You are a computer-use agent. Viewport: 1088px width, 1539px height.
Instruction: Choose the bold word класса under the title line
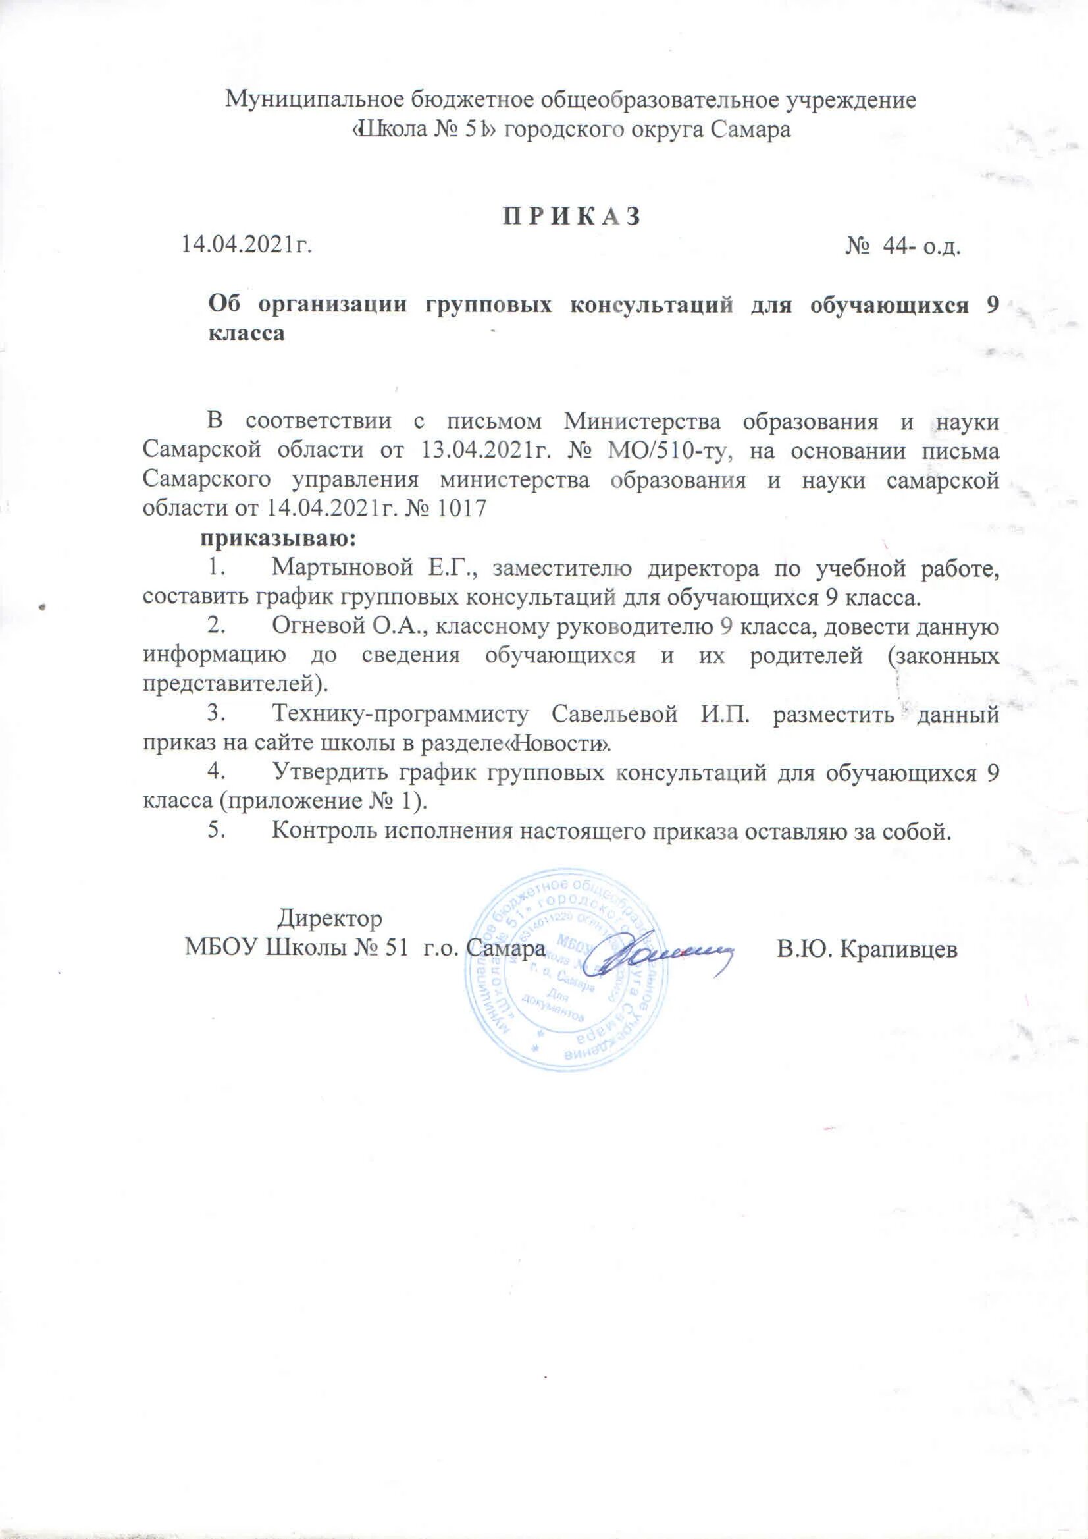click(247, 334)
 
